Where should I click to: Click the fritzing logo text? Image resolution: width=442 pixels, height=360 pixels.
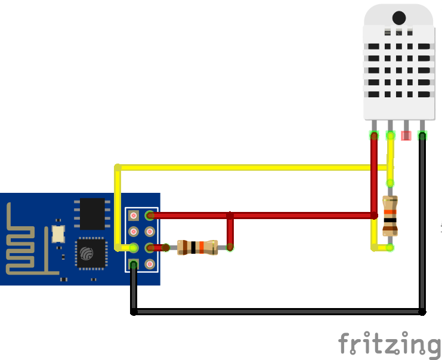(389, 345)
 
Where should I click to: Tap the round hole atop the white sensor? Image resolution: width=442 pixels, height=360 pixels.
(399, 19)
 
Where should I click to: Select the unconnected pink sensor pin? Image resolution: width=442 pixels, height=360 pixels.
(406, 135)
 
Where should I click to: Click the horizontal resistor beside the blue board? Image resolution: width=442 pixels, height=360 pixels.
(197, 247)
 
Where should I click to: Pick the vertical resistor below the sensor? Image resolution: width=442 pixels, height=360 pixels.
(390, 215)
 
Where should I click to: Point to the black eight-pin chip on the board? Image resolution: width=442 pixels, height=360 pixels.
(92, 214)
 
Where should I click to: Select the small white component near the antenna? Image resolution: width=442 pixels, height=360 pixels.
(58, 233)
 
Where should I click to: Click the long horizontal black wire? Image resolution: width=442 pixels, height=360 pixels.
(277, 312)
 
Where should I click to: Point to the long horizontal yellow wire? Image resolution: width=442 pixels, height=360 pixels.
(251, 167)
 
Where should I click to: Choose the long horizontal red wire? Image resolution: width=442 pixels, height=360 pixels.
(262, 215)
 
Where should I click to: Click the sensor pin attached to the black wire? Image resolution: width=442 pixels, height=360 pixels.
(422, 135)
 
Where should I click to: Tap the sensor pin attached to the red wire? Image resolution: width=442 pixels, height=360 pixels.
(374, 135)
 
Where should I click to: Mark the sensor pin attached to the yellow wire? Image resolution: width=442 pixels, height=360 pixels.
(390, 135)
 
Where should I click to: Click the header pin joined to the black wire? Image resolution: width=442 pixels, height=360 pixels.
(134, 263)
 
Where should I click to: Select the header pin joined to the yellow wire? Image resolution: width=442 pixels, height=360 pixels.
(134, 247)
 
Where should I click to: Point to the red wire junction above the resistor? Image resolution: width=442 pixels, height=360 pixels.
(230, 215)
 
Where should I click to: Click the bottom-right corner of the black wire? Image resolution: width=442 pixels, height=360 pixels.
(422, 312)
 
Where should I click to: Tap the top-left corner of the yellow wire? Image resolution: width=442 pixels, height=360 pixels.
(118, 167)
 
